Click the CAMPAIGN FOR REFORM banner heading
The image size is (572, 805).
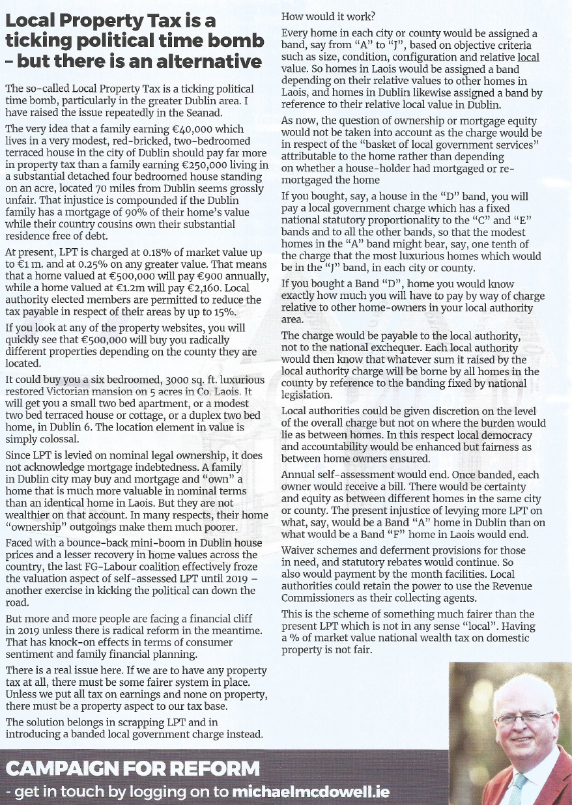133,768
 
